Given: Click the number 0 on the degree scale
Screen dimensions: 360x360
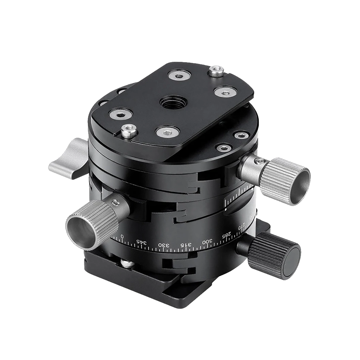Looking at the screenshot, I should [122, 236].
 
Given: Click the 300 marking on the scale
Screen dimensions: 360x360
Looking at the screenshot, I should [207, 242].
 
